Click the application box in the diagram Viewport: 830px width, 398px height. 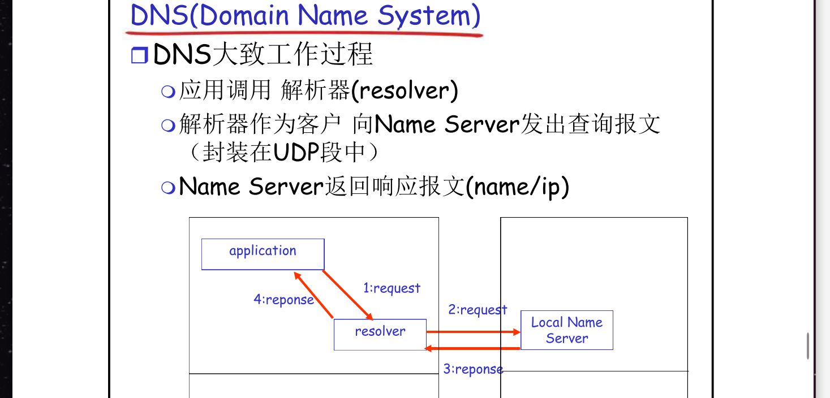point(263,254)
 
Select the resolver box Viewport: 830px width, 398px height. point(380,334)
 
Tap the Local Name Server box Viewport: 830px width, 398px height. point(566,330)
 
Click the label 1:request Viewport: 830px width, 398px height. point(392,288)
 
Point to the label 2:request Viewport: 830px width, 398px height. point(478,310)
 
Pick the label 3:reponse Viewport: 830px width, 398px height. point(473,370)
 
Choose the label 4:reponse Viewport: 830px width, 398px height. point(283,300)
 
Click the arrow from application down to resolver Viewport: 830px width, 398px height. point(347,295)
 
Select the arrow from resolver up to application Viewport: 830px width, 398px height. point(313,295)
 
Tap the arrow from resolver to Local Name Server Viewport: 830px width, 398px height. point(472,332)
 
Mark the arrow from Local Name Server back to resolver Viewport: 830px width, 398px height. point(472,348)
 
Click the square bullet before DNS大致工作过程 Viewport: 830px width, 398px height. point(139,56)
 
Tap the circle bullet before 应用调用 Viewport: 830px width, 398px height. point(167,92)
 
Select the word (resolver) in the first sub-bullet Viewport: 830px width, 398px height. point(405,91)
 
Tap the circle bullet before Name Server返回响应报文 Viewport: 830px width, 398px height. point(167,188)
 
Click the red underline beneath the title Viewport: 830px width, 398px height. point(306,33)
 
